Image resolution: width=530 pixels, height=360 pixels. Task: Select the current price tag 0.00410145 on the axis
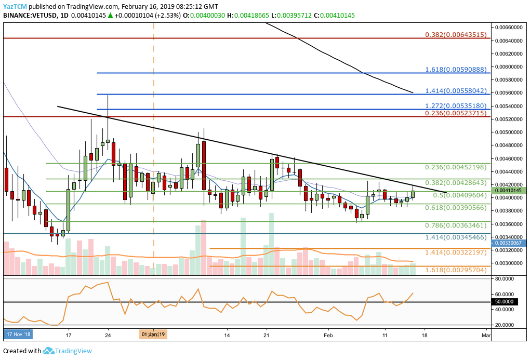coord(508,191)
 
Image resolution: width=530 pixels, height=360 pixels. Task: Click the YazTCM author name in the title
coord(16,6)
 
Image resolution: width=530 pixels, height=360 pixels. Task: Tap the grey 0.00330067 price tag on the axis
coord(508,243)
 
